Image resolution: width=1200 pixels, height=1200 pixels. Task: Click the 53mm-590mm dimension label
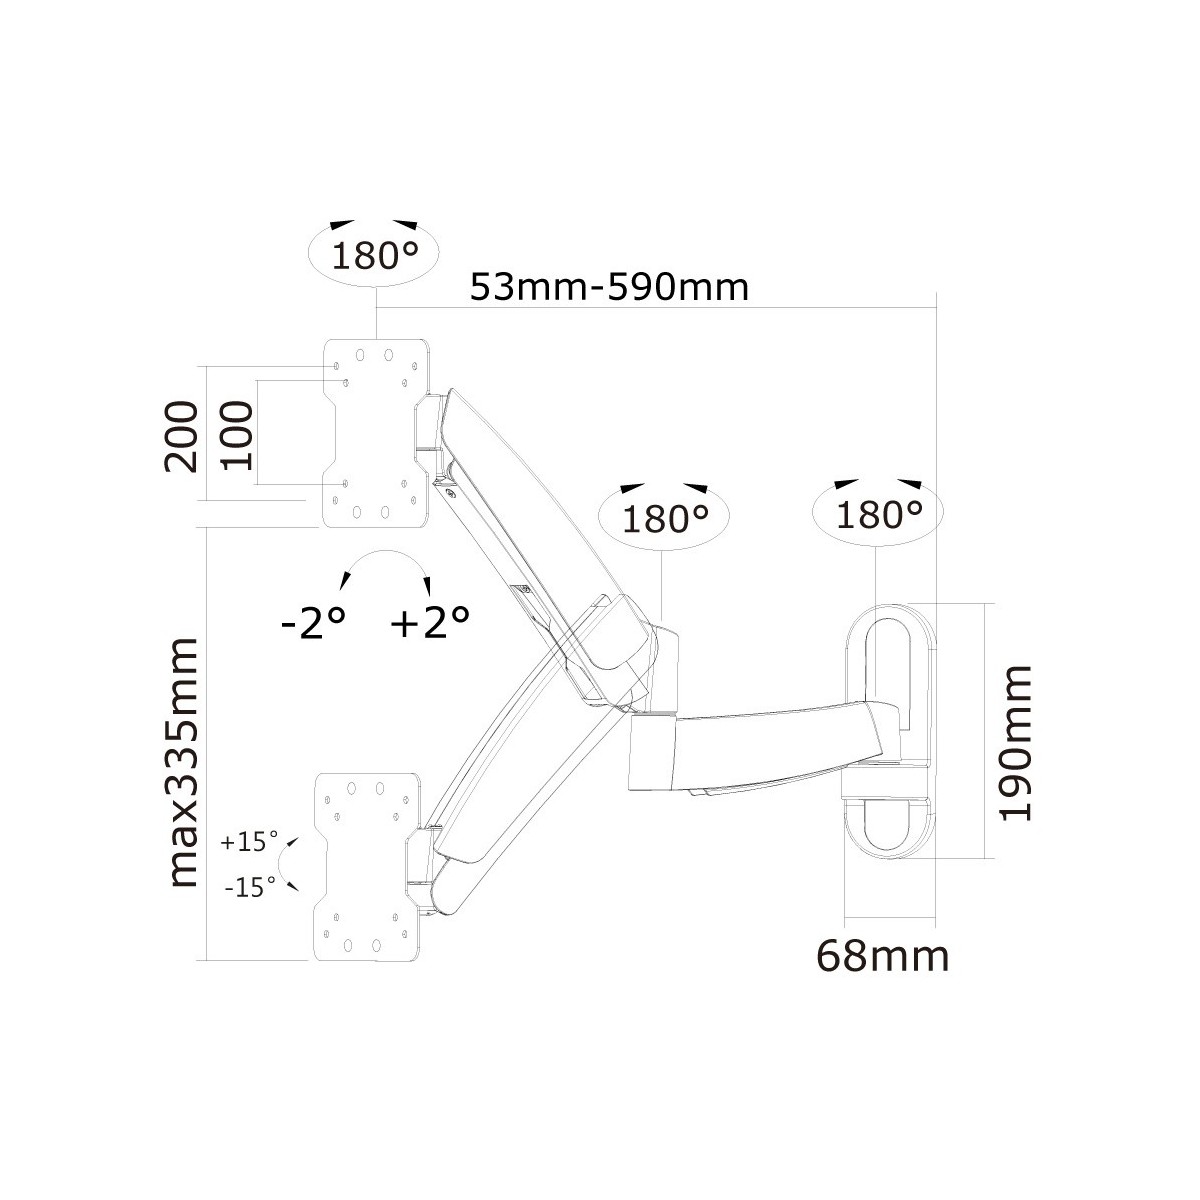609,288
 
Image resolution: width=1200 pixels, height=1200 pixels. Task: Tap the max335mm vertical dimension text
184,762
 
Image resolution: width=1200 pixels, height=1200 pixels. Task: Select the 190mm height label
1015,743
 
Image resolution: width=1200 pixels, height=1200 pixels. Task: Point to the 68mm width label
883,957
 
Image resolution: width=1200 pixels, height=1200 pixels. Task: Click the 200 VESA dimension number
181,437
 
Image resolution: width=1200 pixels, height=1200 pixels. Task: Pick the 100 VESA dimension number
237,435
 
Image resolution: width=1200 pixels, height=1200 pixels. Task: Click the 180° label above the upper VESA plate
374,256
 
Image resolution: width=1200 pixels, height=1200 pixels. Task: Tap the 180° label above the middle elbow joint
665,519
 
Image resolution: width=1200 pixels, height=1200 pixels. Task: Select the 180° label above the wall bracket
879,514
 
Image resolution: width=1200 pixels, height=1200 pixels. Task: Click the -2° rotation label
313,622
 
